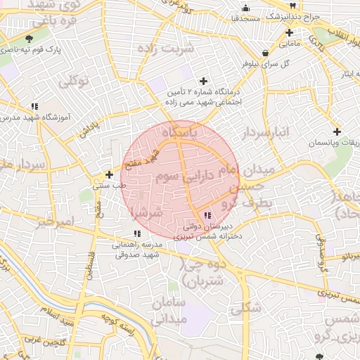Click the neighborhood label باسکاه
tap(181, 132)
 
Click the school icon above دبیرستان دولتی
tap(207, 215)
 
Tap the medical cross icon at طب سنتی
tap(109, 174)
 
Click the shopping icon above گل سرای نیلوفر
tap(265, 53)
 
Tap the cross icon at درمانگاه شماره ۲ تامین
tap(204, 82)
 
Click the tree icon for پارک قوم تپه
tap(29, 39)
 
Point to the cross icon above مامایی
tap(289, 32)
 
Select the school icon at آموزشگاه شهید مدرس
tap(34, 107)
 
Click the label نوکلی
tap(74, 82)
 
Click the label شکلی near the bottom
tap(245, 307)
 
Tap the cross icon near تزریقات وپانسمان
tap(337, 131)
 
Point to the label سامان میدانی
tap(167, 310)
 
